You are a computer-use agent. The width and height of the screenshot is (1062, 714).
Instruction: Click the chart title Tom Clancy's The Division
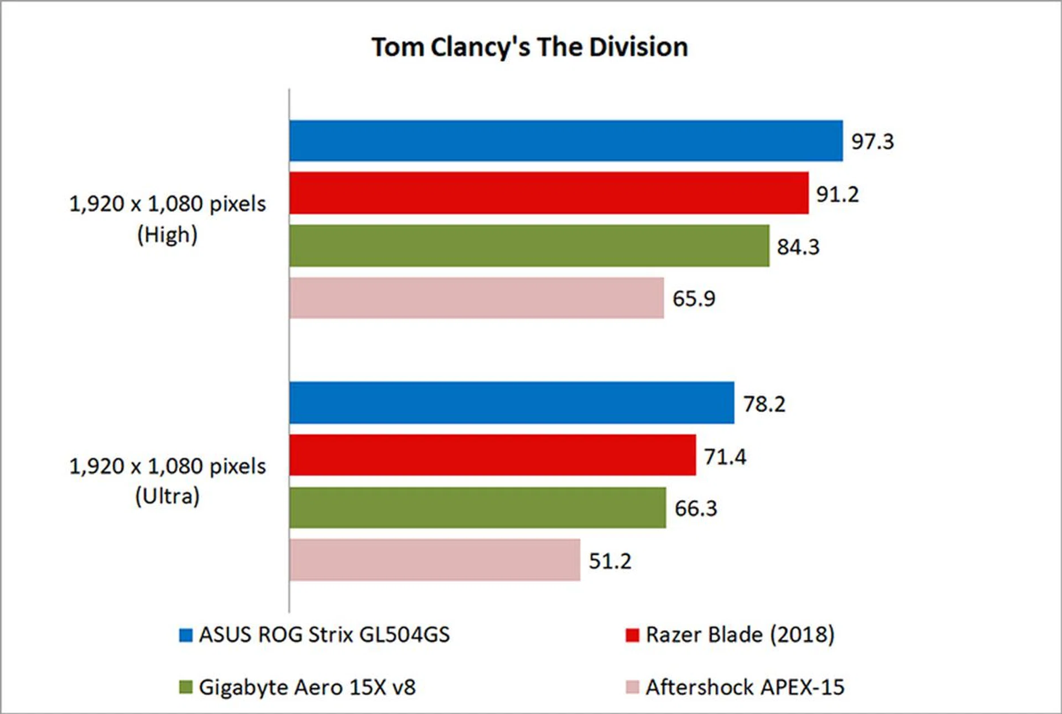(529, 47)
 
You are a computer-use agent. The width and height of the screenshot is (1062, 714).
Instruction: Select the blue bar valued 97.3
(565, 141)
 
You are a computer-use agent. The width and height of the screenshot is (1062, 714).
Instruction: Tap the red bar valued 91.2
(548, 193)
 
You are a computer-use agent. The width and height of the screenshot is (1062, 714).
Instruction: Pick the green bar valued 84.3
(529, 246)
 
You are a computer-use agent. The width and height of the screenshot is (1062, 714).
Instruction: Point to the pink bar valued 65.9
(476, 298)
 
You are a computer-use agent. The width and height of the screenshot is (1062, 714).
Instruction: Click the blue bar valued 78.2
(511, 403)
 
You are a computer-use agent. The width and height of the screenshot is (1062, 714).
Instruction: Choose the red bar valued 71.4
(492, 455)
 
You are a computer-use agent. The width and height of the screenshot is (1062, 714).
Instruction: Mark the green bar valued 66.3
(477, 508)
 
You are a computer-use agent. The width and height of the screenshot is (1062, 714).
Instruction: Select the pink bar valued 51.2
(434, 560)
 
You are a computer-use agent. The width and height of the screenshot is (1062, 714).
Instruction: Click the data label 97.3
(872, 142)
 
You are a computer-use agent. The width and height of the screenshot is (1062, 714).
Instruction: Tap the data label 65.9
(694, 299)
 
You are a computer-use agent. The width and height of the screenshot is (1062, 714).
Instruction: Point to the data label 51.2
(610, 561)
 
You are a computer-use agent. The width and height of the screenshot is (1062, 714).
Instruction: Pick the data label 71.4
(725, 457)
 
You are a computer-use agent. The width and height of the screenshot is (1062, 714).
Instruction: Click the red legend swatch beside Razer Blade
(632, 635)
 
